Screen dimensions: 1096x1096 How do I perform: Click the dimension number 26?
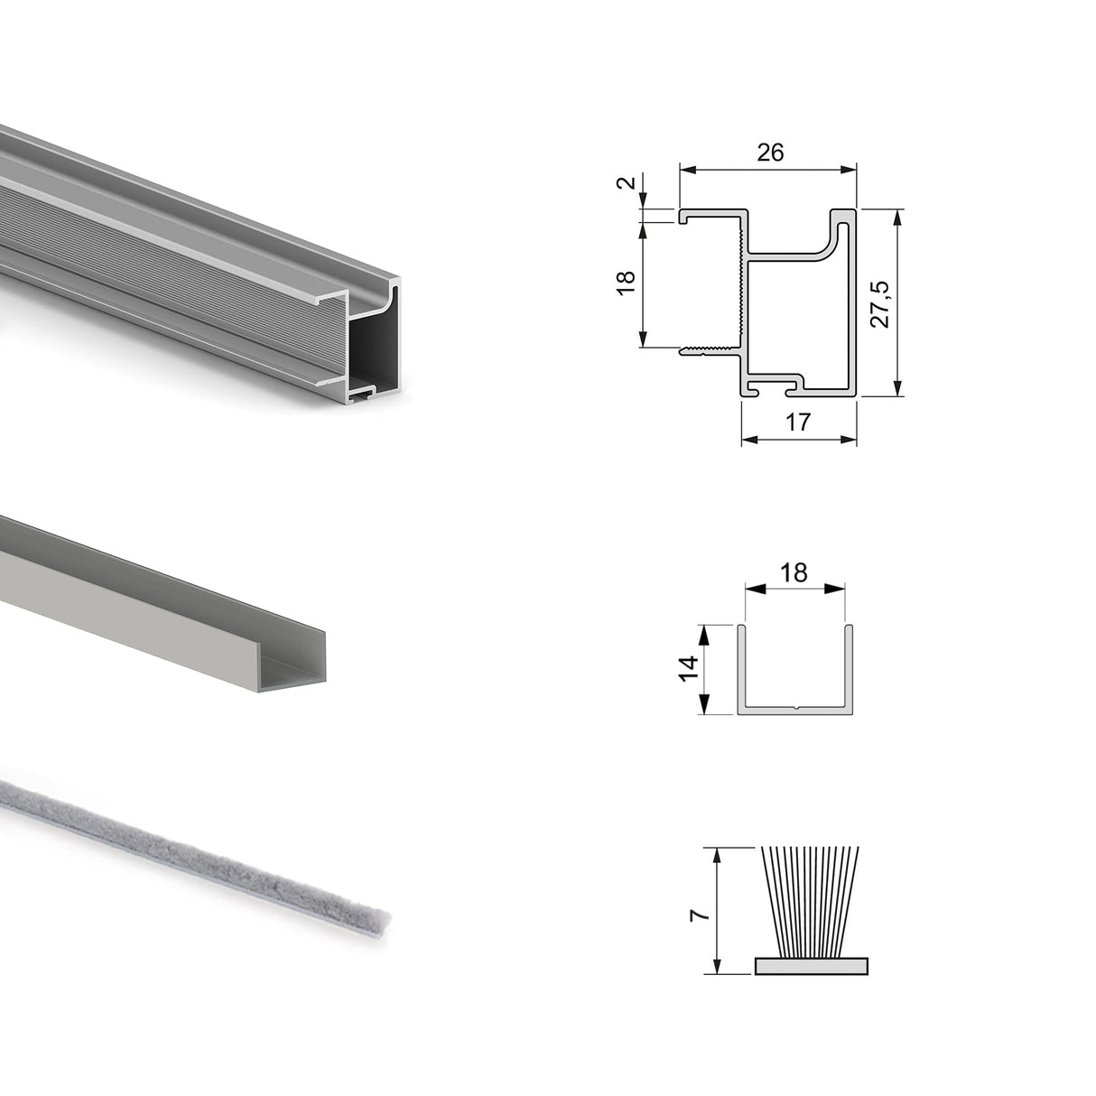click(x=769, y=152)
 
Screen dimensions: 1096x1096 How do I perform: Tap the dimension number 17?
click(x=798, y=422)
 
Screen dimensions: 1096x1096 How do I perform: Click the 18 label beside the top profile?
click(x=628, y=282)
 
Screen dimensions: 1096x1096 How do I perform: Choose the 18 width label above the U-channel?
click(x=794, y=572)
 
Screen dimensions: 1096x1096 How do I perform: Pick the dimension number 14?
click(x=688, y=668)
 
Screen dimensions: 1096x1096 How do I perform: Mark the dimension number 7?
click(x=697, y=914)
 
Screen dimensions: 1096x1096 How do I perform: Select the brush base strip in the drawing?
click(x=810, y=966)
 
